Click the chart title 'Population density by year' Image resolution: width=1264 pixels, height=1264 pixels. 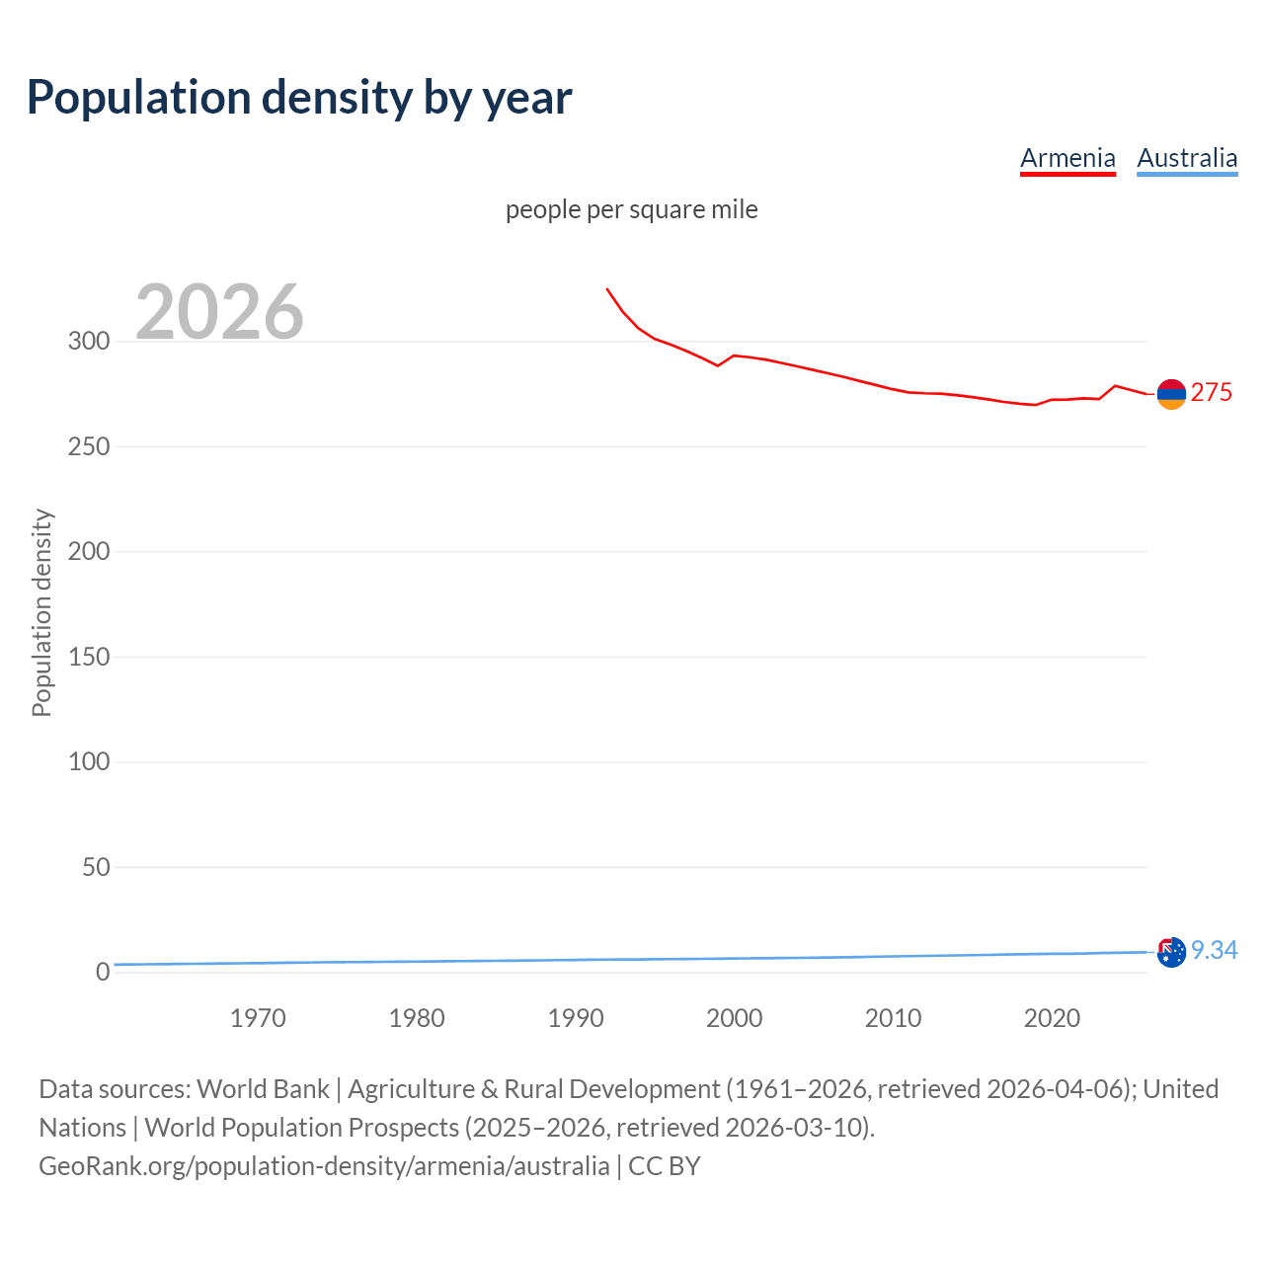pyautogui.click(x=299, y=98)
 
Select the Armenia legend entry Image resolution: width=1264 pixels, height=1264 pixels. pyautogui.click(x=1067, y=158)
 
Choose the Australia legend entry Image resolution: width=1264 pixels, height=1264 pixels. pyautogui.click(x=1187, y=158)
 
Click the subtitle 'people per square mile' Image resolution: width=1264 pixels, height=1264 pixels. pyautogui.click(x=631, y=209)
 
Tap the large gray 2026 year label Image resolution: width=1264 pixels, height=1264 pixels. pyautogui.click(x=219, y=312)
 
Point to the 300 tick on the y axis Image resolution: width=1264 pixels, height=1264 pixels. pyautogui.click(x=89, y=342)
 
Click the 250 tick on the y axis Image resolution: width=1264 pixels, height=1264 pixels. pyautogui.click(x=89, y=446)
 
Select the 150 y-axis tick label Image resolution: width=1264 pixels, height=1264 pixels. pyautogui.click(x=89, y=657)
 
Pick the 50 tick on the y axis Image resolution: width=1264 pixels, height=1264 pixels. pyautogui.click(x=96, y=867)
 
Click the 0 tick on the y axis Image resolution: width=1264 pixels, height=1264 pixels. pyautogui.click(x=103, y=972)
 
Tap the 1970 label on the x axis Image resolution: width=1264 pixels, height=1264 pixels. pyautogui.click(x=258, y=1018)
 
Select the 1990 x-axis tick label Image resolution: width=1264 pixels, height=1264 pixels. pyautogui.click(x=576, y=1018)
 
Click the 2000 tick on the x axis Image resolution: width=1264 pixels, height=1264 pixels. pyautogui.click(x=734, y=1018)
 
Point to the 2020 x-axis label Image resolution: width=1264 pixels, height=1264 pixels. pyautogui.click(x=1052, y=1018)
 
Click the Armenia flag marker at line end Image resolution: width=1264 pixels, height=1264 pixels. pyautogui.click(x=1171, y=394)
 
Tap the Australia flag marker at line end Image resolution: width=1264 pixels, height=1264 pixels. pyautogui.click(x=1171, y=952)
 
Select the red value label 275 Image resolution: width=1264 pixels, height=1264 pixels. pyautogui.click(x=1212, y=393)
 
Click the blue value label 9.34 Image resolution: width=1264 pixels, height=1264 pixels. pyautogui.click(x=1214, y=950)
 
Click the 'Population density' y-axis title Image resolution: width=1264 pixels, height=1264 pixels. pyautogui.click(x=41, y=612)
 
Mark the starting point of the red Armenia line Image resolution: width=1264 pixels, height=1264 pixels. pyautogui.click(x=607, y=289)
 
